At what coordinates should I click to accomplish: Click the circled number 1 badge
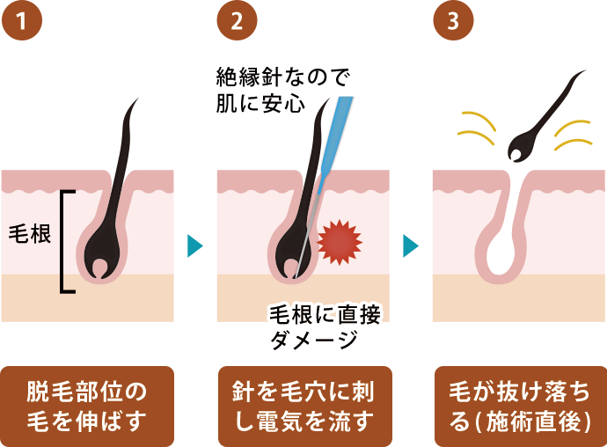pyautogui.click(x=22, y=20)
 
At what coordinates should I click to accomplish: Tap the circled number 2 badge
pyautogui.click(x=238, y=20)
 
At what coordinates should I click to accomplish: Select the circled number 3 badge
pyautogui.click(x=453, y=20)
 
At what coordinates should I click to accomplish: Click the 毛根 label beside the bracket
pyautogui.click(x=30, y=234)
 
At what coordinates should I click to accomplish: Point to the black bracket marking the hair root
pyautogui.click(x=62, y=241)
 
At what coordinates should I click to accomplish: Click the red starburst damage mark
pyautogui.click(x=340, y=242)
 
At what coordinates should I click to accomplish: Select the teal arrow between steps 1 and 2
pyautogui.click(x=194, y=245)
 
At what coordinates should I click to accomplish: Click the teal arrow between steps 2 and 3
pyautogui.click(x=410, y=245)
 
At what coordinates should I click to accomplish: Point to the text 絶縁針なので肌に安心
pyautogui.click(x=282, y=91)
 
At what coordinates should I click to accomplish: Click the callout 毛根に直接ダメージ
pyautogui.click(x=325, y=326)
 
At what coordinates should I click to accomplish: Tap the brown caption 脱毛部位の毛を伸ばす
pyautogui.click(x=87, y=407)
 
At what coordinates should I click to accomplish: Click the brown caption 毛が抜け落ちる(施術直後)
pyautogui.click(x=521, y=407)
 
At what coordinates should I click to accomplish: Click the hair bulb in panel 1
pyautogui.click(x=102, y=259)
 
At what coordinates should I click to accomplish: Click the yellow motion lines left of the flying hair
pyautogui.click(x=477, y=128)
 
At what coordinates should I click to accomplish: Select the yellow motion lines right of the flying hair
pyautogui.click(x=574, y=135)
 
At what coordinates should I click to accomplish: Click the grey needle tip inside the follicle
pyautogui.click(x=306, y=237)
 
